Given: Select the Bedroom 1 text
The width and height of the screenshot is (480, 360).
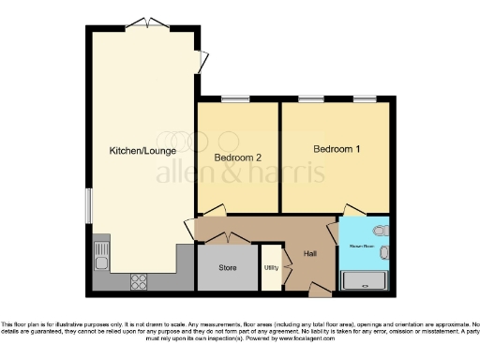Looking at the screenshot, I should (336, 148).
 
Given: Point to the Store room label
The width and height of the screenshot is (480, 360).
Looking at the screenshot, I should (228, 267).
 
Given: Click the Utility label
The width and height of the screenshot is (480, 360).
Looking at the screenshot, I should (271, 267).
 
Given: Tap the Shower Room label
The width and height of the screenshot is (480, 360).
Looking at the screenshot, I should (364, 247).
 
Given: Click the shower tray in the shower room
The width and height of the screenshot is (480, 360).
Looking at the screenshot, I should (364, 279).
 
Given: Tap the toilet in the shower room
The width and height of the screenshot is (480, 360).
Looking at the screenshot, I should (379, 230).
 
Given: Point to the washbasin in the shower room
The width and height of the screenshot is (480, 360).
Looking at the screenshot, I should (382, 253).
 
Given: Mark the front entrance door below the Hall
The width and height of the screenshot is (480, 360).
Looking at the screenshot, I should (319, 286).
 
